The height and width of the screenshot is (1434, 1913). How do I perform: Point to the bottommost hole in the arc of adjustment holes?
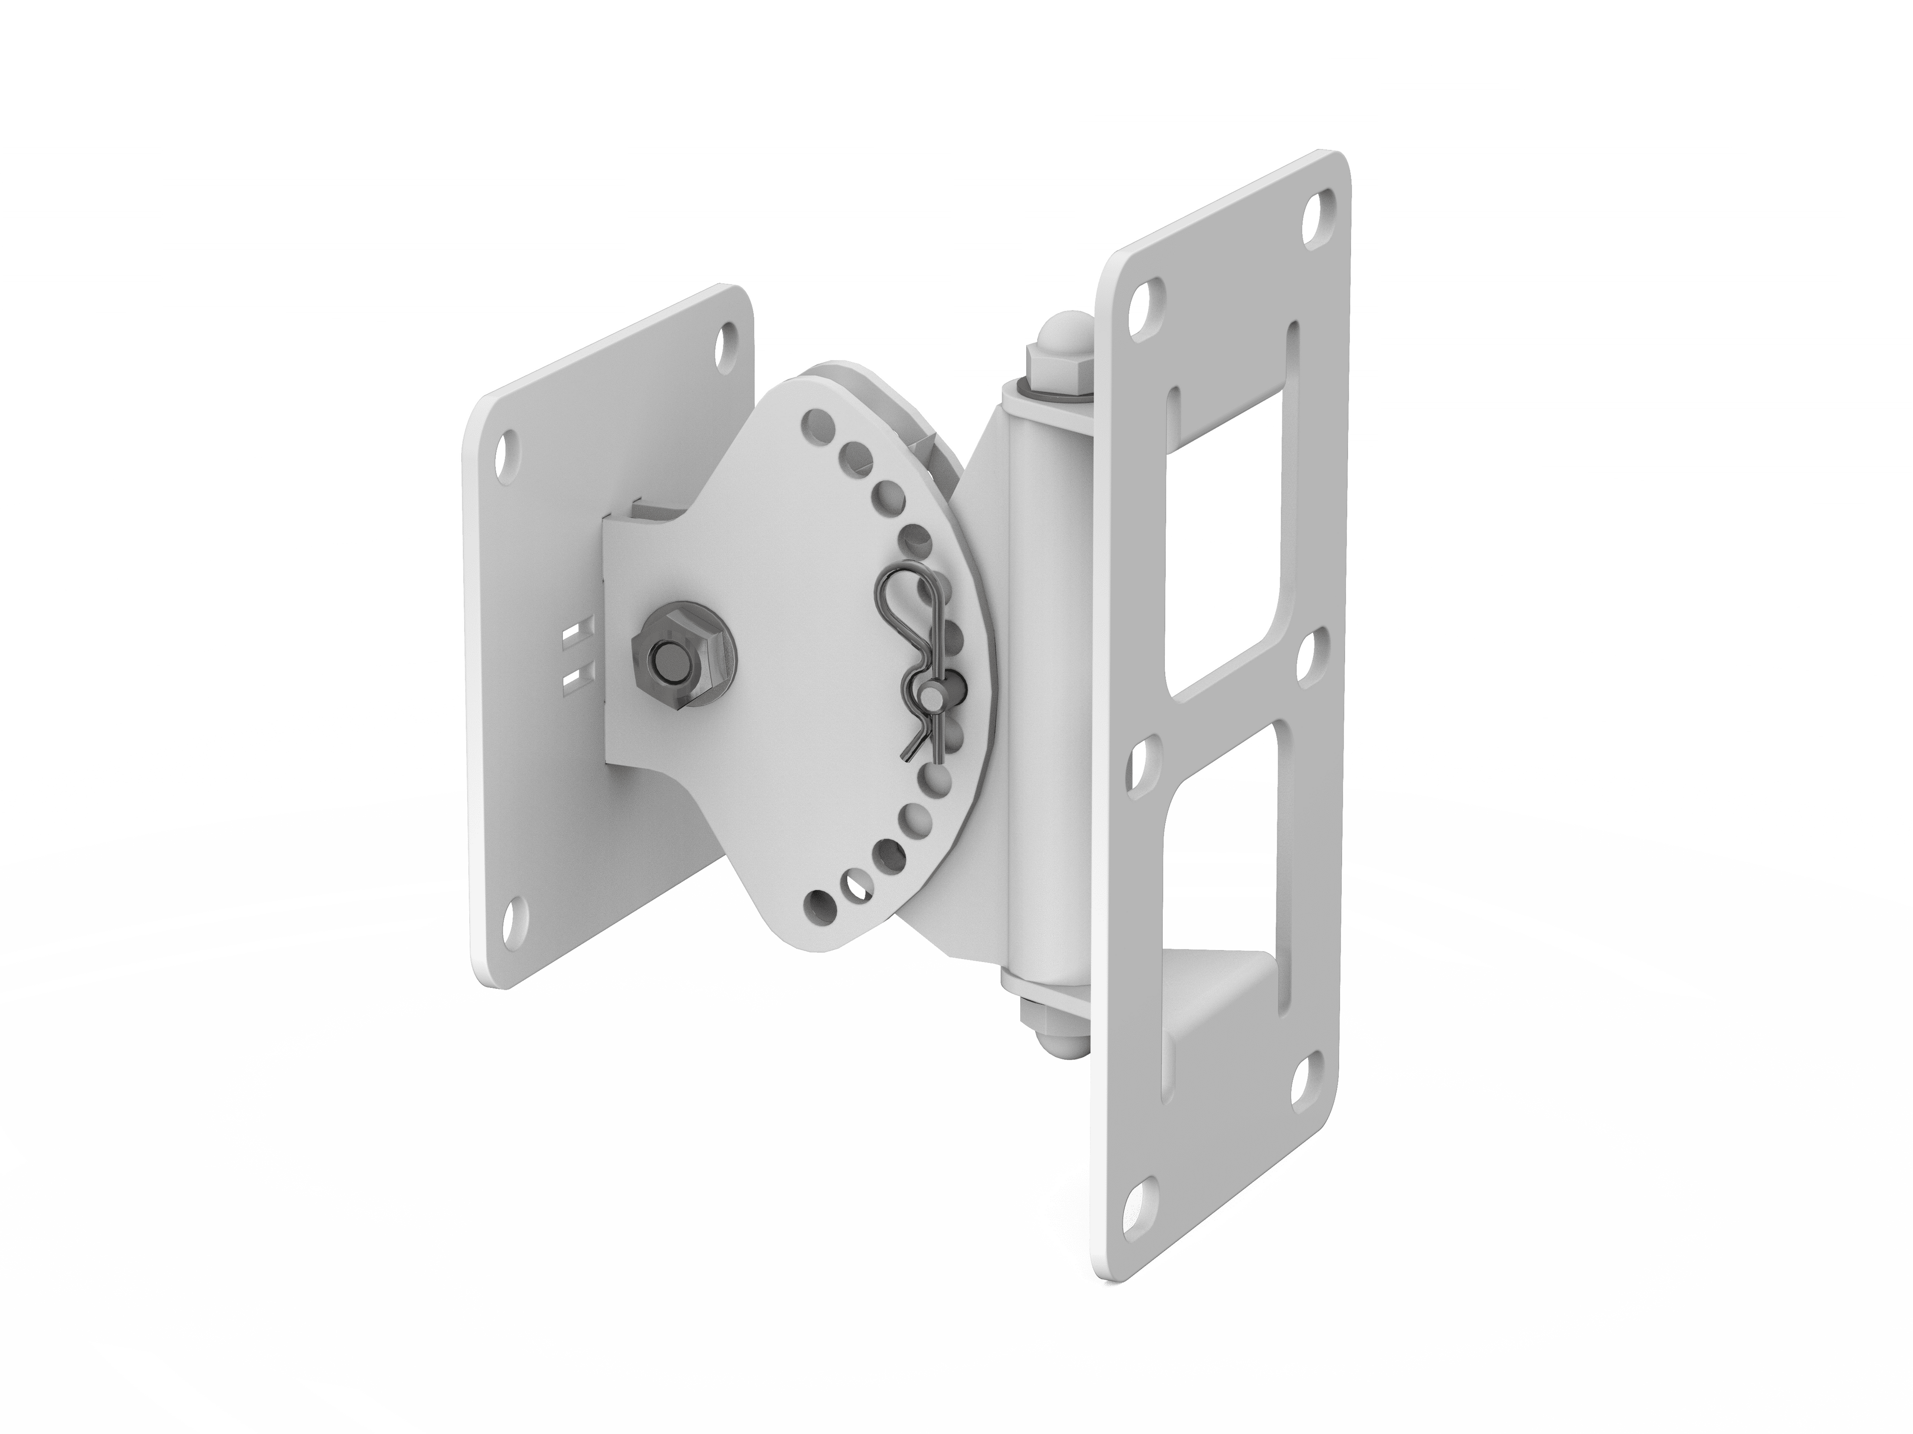pos(815,905)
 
